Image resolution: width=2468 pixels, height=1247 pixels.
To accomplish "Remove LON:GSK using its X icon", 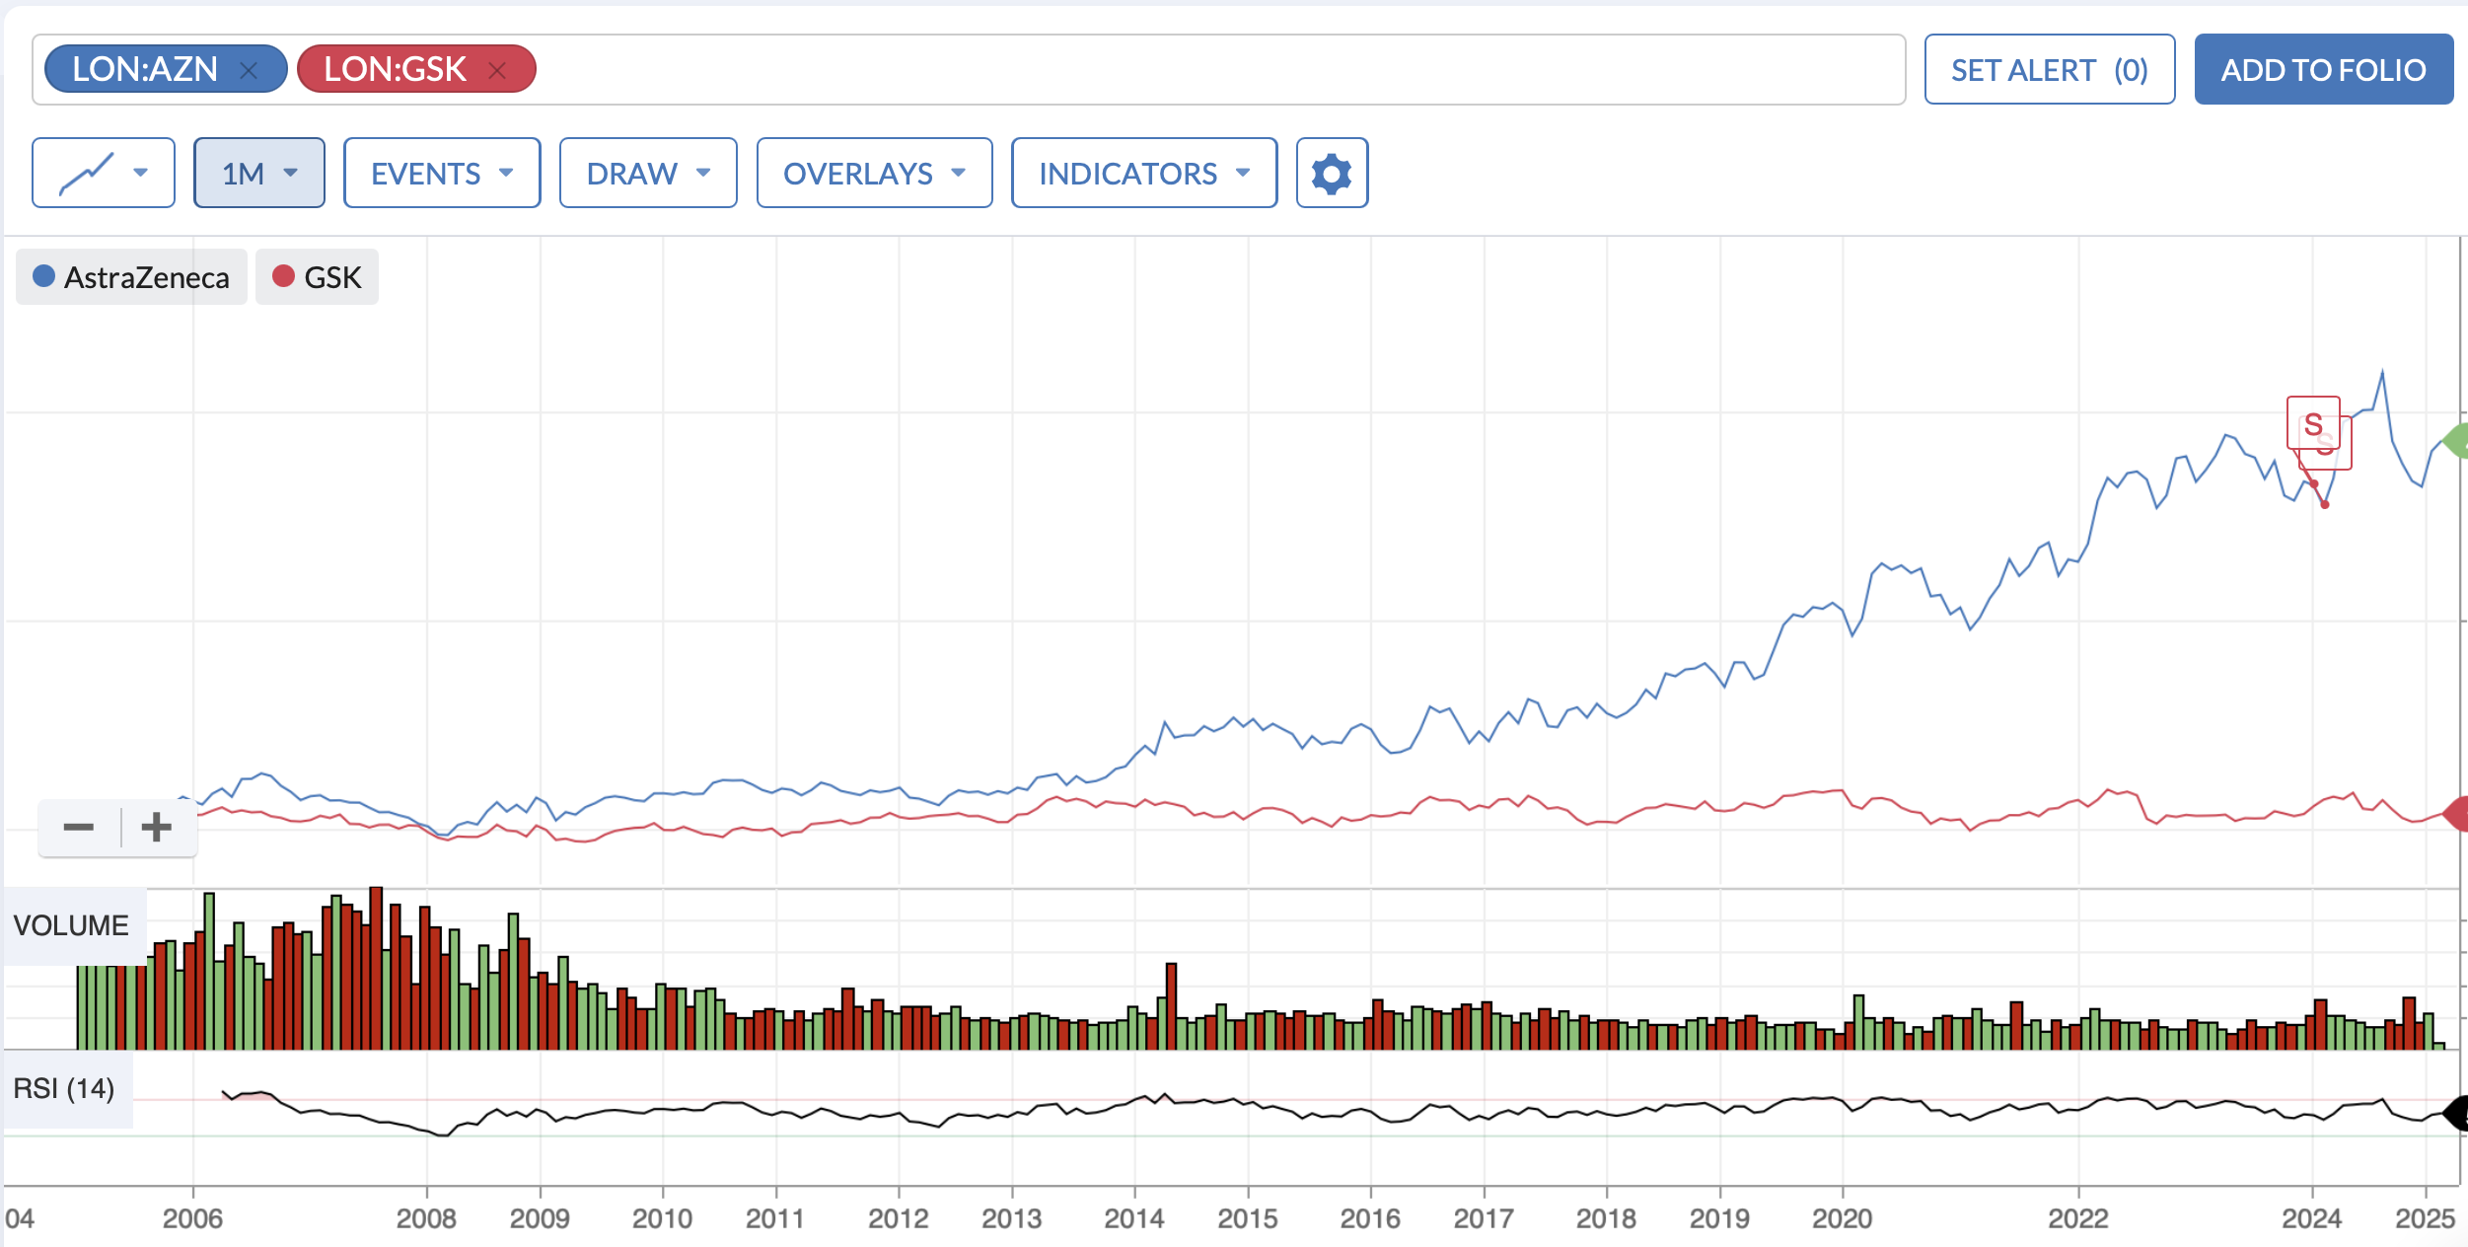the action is pyautogui.click(x=497, y=70).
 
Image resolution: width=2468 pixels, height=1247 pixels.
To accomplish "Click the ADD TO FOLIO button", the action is pyautogui.click(x=2323, y=69).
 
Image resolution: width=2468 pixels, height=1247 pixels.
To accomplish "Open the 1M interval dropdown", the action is pyautogui.click(x=259, y=173).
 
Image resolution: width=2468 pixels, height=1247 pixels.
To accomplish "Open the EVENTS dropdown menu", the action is pyautogui.click(x=442, y=173).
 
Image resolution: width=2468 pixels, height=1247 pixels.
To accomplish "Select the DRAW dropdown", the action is pyautogui.click(x=648, y=173).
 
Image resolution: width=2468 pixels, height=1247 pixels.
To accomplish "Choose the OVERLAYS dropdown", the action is pyautogui.click(x=874, y=173).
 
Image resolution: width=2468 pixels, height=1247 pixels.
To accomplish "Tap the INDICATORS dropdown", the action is pyautogui.click(x=1144, y=173).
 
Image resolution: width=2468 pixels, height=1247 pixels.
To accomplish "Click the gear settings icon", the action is pyautogui.click(x=1332, y=173).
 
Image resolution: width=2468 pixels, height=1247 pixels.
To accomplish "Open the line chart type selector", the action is pyautogui.click(x=104, y=173).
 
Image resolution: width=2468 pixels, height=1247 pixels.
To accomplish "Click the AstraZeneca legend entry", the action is pyautogui.click(x=131, y=277).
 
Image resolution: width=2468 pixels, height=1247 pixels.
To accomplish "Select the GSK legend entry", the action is pyautogui.click(x=317, y=277).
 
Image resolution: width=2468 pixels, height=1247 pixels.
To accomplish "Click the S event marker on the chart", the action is pyautogui.click(x=2313, y=424).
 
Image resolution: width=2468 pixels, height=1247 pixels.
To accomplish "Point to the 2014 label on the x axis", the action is pyautogui.click(x=1133, y=1218).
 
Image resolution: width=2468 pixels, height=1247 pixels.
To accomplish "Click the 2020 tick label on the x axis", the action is pyautogui.click(x=1842, y=1218).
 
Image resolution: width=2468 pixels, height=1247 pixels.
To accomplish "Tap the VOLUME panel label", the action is pyautogui.click(x=71, y=925).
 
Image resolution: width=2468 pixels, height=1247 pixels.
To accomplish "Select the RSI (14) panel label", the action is pyautogui.click(x=64, y=1088).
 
